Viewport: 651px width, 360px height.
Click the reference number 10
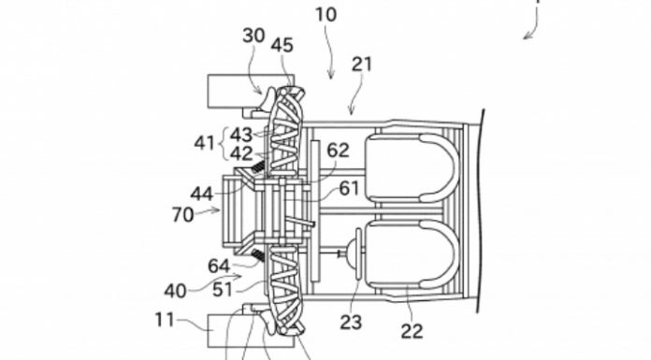[325, 15]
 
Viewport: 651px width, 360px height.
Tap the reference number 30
[253, 36]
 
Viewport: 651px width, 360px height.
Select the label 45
[282, 45]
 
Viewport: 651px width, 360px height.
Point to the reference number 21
[362, 65]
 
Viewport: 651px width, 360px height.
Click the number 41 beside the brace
[204, 143]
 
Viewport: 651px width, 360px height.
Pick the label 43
[241, 135]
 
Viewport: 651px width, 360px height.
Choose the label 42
[241, 154]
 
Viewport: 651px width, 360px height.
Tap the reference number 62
[338, 151]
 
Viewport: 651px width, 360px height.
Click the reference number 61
[349, 189]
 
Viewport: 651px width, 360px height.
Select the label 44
[202, 194]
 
